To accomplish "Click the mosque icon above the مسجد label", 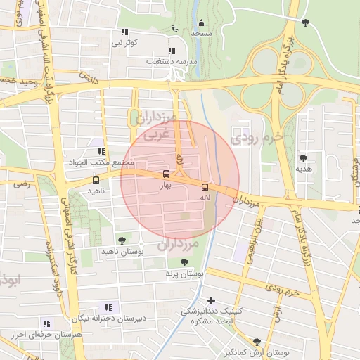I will (x=202, y=23).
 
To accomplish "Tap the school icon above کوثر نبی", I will (x=124, y=32).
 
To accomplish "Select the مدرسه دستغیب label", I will (x=170, y=61).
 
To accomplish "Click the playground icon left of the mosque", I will (x=174, y=29).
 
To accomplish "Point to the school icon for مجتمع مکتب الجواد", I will (x=102, y=150).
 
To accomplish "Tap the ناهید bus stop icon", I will (x=96, y=180).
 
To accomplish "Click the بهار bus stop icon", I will (x=166, y=174).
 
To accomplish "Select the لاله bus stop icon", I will (x=205, y=187).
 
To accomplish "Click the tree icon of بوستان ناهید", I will (x=122, y=240).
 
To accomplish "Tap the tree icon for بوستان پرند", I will (x=184, y=262).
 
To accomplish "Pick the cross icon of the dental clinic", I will (x=211, y=300).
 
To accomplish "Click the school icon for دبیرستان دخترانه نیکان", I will (x=108, y=307).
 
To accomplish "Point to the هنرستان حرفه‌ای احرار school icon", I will (x=46, y=323).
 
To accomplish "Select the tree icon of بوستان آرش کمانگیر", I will (x=257, y=342).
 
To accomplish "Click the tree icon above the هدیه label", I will (x=303, y=158).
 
